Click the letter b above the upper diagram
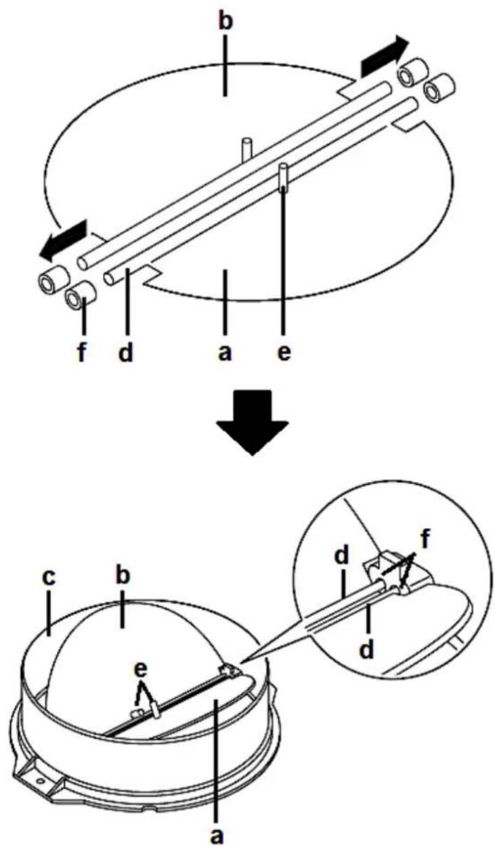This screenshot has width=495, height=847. (225, 18)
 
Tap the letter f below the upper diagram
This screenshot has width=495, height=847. (81, 352)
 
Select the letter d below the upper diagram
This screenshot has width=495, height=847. (127, 352)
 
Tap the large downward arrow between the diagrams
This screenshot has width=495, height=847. (252, 422)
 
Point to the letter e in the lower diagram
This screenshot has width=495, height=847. (140, 670)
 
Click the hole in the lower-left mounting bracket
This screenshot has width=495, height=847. (39, 780)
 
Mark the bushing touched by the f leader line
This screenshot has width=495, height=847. (81, 295)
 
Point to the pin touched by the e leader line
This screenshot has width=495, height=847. (282, 177)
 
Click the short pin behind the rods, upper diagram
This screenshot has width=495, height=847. (246, 149)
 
